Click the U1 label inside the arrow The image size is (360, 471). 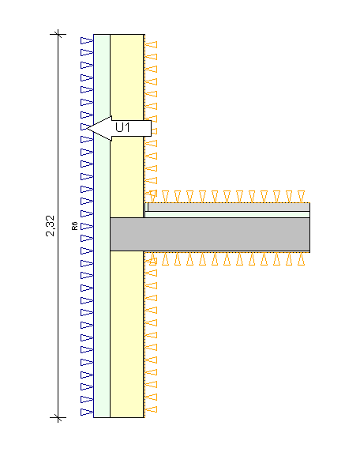pyautogui.click(x=122, y=127)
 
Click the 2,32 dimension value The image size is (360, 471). pyautogui.click(x=51, y=225)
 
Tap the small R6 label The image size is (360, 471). pyautogui.click(x=75, y=226)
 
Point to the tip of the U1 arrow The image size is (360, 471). pyautogui.click(x=87, y=128)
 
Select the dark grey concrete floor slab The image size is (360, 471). pyautogui.click(x=210, y=234)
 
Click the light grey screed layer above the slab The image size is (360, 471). pyautogui.click(x=229, y=207)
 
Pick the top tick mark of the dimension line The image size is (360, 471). pyautogui.click(x=58, y=34)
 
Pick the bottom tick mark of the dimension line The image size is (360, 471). pyautogui.click(x=58, y=417)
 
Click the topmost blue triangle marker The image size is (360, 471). pyautogui.click(x=87, y=40)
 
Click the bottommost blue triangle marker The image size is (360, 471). pyautogui.click(x=87, y=412)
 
